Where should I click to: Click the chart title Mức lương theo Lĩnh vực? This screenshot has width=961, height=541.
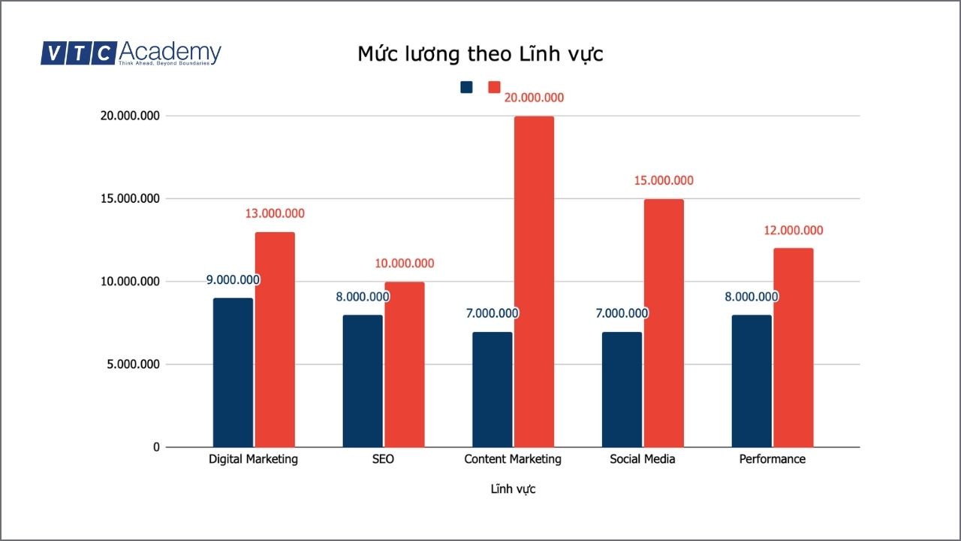click(x=480, y=55)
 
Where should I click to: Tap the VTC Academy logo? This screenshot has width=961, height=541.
click(x=131, y=53)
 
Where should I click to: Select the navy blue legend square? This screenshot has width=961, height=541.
click(x=467, y=87)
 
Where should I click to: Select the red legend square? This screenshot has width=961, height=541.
click(x=494, y=87)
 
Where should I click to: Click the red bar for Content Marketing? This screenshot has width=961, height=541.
click(x=534, y=282)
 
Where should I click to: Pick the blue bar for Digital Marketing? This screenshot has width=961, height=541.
click(x=233, y=373)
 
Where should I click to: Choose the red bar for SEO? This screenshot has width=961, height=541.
click(x=405, y=364)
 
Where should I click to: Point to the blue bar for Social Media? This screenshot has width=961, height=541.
click(x=622, y=389)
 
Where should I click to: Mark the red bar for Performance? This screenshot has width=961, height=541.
click(x=794, y=347)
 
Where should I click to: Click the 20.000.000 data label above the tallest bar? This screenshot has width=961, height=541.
click(x=534, y=98)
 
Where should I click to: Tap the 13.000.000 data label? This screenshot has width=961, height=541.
click(x=275, y=213)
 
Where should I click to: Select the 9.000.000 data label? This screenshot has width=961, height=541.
click(x=233, y=280)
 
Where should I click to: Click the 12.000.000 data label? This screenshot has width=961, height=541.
click(x=794, y=231)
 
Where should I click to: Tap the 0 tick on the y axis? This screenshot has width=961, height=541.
click(x=157, y=447)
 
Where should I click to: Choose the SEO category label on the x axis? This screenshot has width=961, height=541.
click(x=383, y=459)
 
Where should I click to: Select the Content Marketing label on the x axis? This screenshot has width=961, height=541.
click(x=513, y=459)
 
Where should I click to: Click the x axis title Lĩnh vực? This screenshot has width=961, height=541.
click(x=513, y=489)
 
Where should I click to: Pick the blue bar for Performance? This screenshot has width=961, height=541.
click(x=752, y=381)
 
